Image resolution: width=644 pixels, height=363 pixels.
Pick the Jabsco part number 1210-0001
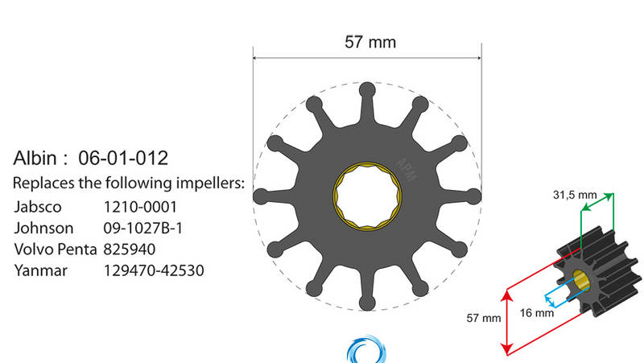pos(141,206)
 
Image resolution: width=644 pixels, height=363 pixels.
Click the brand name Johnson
pos(44,228)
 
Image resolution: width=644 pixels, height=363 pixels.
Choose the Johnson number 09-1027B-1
pos(143,228)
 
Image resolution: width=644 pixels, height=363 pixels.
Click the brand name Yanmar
pos(41,271)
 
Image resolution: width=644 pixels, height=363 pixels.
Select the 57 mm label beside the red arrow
pos(483,318)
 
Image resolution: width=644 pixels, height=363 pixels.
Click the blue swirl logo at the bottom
pos(367,353)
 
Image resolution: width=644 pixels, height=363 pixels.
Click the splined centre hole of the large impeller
pos(367,196)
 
